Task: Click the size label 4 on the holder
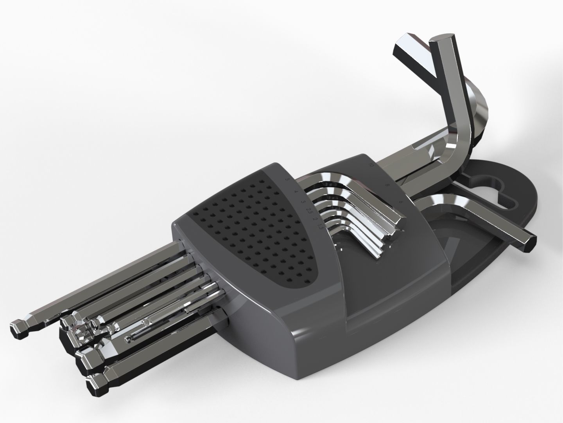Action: [296, 192]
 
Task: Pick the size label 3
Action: [303, 202]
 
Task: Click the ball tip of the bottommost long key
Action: [96, 386]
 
